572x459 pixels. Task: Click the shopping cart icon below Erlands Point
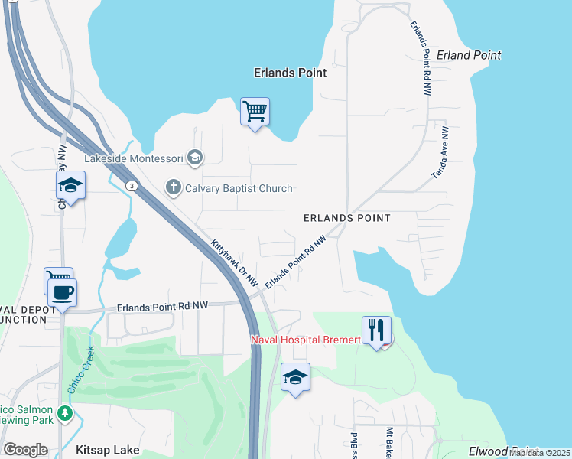(255, 112)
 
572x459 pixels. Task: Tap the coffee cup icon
(62, 291)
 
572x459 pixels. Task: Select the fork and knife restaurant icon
(375, 330)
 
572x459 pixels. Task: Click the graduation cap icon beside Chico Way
(70, 185)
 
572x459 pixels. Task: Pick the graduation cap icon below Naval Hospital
(295, 377)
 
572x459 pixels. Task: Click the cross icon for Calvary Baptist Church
(174, 187)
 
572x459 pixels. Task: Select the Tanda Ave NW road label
(439, 153)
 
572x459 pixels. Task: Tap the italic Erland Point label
(469, 55)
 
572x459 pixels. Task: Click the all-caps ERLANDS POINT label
(346, 218)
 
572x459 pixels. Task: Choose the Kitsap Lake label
(107, 450)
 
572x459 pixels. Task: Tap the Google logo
(25, 450)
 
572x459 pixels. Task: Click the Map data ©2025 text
(539, 453)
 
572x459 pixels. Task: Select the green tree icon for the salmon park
(66, 413)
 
